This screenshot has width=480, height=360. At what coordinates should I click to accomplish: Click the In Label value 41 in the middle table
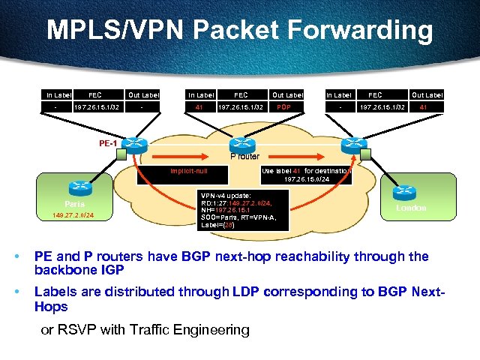point(199,107)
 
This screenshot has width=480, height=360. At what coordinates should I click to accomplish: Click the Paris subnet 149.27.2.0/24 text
point(73,217)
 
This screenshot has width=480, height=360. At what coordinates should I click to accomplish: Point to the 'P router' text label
point(244,156)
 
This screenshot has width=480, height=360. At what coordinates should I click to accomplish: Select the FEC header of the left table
point(94,95)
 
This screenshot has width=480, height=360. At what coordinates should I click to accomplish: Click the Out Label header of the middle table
point(287,95)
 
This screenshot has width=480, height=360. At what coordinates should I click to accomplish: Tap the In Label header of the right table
point(338,95)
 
